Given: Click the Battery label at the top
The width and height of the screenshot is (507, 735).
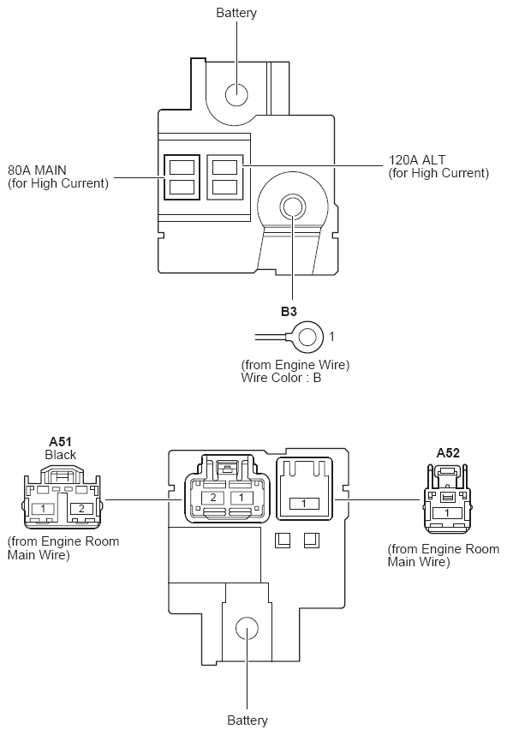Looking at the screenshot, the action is pyautogui.click(x=236, y=13).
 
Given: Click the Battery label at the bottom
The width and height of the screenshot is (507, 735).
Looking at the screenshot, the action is pyautogui.click(x=248, y=720).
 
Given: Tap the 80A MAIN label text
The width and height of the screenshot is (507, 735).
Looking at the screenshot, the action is pyautogui.click(x=37, y=170).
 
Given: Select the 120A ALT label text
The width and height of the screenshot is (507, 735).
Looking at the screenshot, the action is pyautogui.click(x=417, y=160).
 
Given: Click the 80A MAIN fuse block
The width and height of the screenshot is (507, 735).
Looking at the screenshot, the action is pyautogui.click(x=182, y=177).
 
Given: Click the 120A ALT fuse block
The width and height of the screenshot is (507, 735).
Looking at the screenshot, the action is pyautogui.click(x=225, y=177).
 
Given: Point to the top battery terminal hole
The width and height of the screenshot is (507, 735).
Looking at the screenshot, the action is pyautogui.click(x=236, y=95).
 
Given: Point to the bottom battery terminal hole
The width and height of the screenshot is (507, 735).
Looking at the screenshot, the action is pyautogui.click(x=247, y=628).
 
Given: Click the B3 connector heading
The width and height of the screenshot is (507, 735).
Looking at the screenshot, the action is pyautogui.click(x=289, y=311).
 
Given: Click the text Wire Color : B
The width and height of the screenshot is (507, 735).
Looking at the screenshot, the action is pyautogui.click(x=281, y=378).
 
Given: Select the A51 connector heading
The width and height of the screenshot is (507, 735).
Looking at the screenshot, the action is pyautogui.click(x=60, y=441).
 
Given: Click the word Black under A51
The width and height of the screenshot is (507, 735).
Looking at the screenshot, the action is pyautogui.click(x=61, y=455).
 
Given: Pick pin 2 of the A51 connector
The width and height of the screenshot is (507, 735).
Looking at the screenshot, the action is pyautogui.click(x=81, y=508).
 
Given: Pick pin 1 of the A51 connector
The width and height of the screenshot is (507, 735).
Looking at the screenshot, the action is pyautogui.click(x=43, y=508).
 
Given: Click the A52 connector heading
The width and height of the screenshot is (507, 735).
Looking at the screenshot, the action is pyautogui.click(x=448, y=453).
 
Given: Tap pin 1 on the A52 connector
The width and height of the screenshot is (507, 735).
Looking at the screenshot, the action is pyautogui.click(x=446, y=513).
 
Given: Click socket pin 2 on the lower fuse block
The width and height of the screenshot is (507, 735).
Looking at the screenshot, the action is pyautogui.click(x=212, y=498).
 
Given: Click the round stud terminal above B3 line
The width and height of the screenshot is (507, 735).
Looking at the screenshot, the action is pyautogui.click(x=292, y=206).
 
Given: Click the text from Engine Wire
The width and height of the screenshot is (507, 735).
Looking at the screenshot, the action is pyautogui.click(x=295, y=365).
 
